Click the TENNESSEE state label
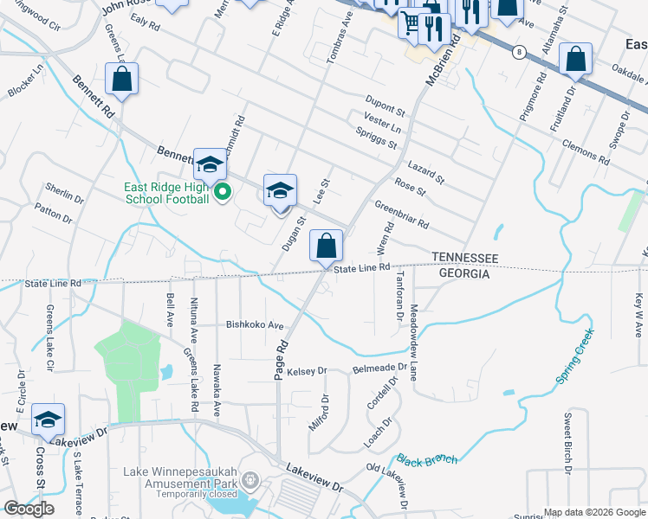point(465,258)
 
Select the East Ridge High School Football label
point(167,193)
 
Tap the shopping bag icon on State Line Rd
point(325,246)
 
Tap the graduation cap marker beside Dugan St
point(280,190)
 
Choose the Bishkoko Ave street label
point(255,326)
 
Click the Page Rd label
point(282,357)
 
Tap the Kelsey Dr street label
point(308,370)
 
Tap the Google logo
point(29,509)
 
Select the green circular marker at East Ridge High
point(222,191)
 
